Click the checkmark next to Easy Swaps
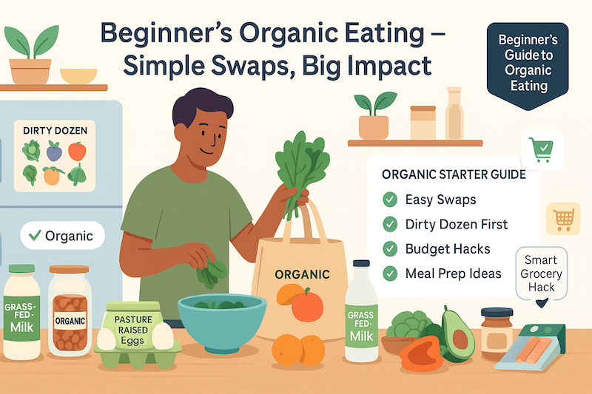click(388, 200)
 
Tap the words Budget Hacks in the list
click(448, 248)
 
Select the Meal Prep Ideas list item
click(453, 273)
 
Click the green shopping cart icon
click(541, 150)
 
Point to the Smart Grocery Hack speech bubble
click(543, 274)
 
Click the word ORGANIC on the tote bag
click(301, 274)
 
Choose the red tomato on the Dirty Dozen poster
click(76, 151)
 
